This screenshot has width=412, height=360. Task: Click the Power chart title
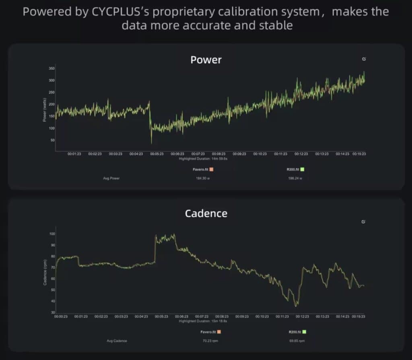coord(206,60)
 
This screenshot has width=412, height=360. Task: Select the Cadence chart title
coord(206,213)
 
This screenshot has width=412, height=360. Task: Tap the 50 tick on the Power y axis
coord(52,140)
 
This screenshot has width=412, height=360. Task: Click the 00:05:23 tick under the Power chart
coord(157,154)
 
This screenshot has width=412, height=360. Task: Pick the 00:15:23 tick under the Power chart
coord(359,154)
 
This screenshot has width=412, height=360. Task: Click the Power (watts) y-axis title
coord(45,109)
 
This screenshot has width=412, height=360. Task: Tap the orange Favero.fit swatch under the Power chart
coord(211,170)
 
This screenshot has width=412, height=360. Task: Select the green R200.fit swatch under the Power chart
coord(302,170)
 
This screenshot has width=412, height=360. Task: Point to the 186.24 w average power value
coord(295,178)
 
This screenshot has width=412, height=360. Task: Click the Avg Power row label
coord(111,178)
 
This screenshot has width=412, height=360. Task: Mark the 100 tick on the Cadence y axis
coord(51,234)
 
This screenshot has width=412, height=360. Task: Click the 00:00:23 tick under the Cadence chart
coord(61,317)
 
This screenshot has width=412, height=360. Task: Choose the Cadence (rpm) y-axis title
coord(45,273)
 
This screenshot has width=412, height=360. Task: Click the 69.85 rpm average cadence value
coord(295,341)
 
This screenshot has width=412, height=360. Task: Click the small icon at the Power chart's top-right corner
coord(364,59)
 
